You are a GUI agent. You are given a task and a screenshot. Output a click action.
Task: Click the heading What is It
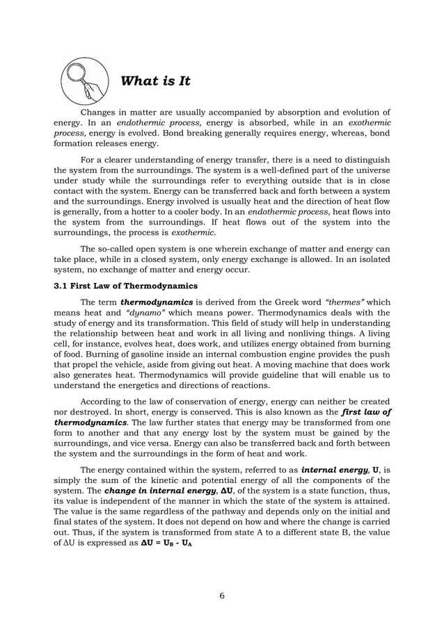[x=155, y=81]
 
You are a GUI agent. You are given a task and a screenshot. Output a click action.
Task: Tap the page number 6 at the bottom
[x=221, y=595]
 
